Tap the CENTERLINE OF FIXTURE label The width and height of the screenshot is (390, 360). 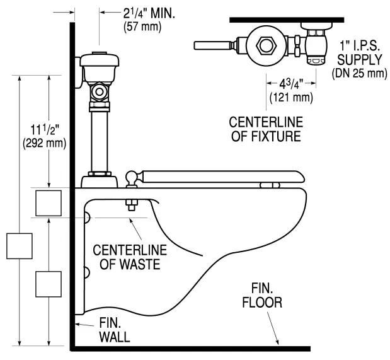point(265,128)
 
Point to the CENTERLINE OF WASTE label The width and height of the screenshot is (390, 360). point(127,256)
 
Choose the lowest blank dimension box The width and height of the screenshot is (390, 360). point(49,284)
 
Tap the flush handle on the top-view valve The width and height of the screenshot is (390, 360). point(214,45)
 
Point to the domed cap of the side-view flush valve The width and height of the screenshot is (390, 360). point(100,61)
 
